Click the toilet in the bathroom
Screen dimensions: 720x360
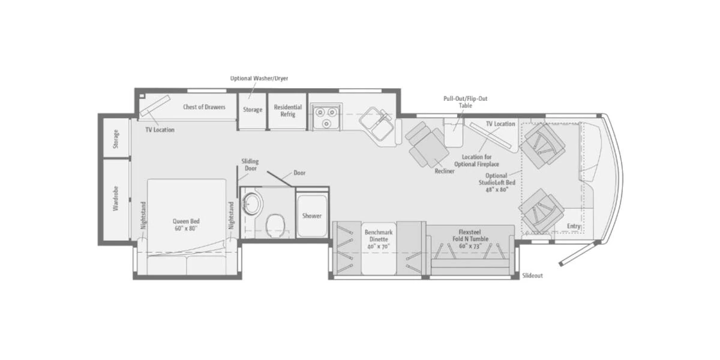coord(276,225)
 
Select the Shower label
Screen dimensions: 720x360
coord(312,215)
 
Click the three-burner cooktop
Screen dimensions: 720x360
coord(326,116)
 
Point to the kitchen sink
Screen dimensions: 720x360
coord(376,124)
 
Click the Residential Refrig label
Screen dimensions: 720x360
coord(287,110)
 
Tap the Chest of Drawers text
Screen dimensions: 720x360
coord(204,107)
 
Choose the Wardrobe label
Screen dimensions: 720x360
coord(116,199)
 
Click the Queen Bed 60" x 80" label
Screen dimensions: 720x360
coord(186,224)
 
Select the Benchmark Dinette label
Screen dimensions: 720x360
coord(379,239)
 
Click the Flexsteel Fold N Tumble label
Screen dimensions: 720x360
coord(470,239)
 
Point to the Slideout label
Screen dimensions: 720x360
coord(532,275)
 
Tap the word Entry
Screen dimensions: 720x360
coord(574,226)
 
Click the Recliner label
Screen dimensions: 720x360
coord(445,171)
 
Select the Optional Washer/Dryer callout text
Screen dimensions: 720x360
coord(259,78)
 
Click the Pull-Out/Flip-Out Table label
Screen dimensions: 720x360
coord(466,102)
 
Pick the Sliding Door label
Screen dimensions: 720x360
coord(250,164)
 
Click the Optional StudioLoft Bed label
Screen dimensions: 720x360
coord(497,182)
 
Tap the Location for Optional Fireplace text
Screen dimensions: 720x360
coord(476,160)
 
